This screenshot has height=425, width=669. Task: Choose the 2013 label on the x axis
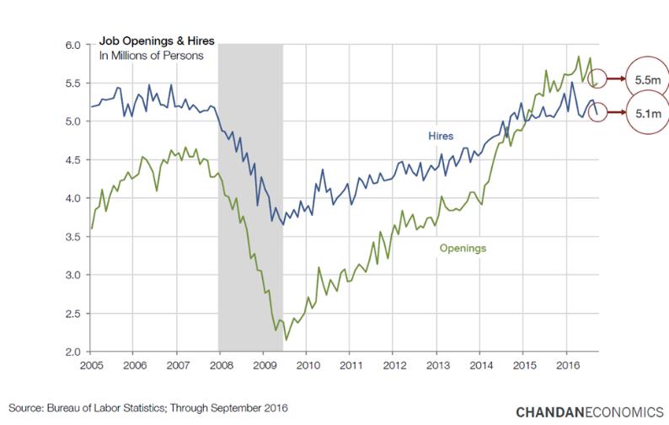pyautogui.click(x=436, y=369)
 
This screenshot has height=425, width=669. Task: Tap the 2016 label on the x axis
pyautogui.click(x=566, y=369)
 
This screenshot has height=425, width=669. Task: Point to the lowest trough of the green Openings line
pyautogui.click(x=286, y=339)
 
